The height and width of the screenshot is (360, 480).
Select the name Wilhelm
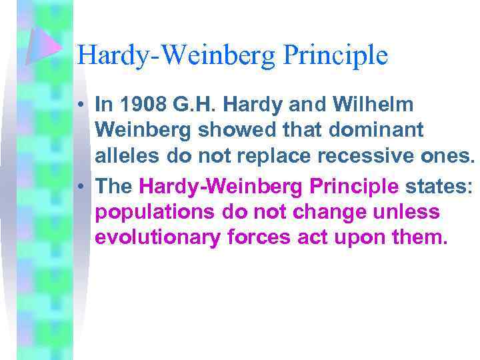point(377,105)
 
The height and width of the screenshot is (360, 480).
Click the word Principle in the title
point(335,55)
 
